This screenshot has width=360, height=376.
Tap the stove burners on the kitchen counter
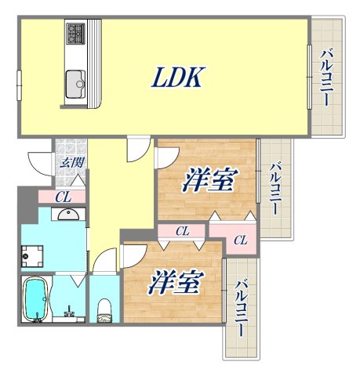pos(76,33)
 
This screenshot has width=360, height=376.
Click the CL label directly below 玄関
pos(64,197)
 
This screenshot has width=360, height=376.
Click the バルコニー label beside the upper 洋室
pos(275,190)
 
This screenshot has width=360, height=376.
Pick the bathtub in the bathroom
pos(34,299)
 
